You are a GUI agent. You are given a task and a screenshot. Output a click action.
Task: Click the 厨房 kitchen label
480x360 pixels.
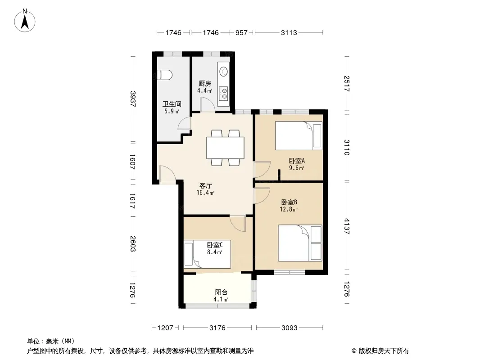[x=205, y=84]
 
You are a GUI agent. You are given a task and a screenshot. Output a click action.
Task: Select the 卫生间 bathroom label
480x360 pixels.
[x=172, y=104]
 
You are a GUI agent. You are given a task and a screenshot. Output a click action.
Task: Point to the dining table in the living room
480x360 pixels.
[x=225, y=148]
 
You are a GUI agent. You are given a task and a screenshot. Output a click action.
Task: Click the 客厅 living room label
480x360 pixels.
[x=205, y=186]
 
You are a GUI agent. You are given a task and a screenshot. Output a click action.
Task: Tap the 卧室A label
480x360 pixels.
[x=297, y=161]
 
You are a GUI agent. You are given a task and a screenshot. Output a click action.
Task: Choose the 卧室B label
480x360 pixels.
[x=289, y=202]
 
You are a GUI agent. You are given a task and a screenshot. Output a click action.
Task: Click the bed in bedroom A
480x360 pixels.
[x=299, y=135]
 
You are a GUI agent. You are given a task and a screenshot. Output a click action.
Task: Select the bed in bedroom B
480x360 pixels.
[x=300, y=243]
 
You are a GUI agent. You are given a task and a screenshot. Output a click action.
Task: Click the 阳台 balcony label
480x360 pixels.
[x=221, y=292]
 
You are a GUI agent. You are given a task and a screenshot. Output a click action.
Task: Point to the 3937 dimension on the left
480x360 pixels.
[x=132, y=99]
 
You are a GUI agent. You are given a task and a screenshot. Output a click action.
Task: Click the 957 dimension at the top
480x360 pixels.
[x=241, y=32]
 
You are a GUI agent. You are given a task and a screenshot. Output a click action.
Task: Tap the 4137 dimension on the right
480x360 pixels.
[x=347, y=226]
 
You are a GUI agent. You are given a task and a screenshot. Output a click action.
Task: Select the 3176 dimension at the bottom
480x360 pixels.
[x=217, y=328]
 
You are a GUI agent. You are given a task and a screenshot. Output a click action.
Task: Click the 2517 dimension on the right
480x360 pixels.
[x=347, y=84]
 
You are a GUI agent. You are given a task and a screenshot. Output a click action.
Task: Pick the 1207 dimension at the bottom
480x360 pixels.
[x=165, y=328]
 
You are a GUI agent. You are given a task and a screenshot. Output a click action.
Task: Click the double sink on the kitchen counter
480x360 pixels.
[x=224, y=94]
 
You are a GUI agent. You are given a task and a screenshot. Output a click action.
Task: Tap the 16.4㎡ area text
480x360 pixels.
[x=205, y=193]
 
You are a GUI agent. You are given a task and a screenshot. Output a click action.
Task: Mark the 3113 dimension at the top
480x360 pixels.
[x=289, y=32]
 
